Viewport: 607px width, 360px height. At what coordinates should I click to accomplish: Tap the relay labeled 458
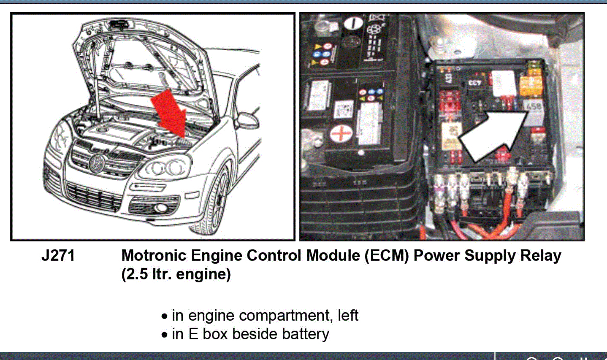pyautogui.click(x=534, y=106)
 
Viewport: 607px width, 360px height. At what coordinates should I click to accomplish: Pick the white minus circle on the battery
pyautogui.click(x=353, y=22)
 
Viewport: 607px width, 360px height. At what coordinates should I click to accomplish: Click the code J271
pyautogui.click(x=58, y=256)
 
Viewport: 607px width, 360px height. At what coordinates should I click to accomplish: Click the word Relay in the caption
pyautogui.click(x=541, y=256)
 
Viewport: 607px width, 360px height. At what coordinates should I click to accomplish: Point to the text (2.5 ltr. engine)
pyautogui.click(x=176, y=274)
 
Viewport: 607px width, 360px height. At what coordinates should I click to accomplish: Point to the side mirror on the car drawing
pyautogui.click(x=247, y=120)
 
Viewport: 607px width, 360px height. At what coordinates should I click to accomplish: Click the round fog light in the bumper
pyautogui.click(x=161, y=208)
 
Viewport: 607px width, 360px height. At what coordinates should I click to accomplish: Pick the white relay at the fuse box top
pyautogui.click(x=504, y=83)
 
